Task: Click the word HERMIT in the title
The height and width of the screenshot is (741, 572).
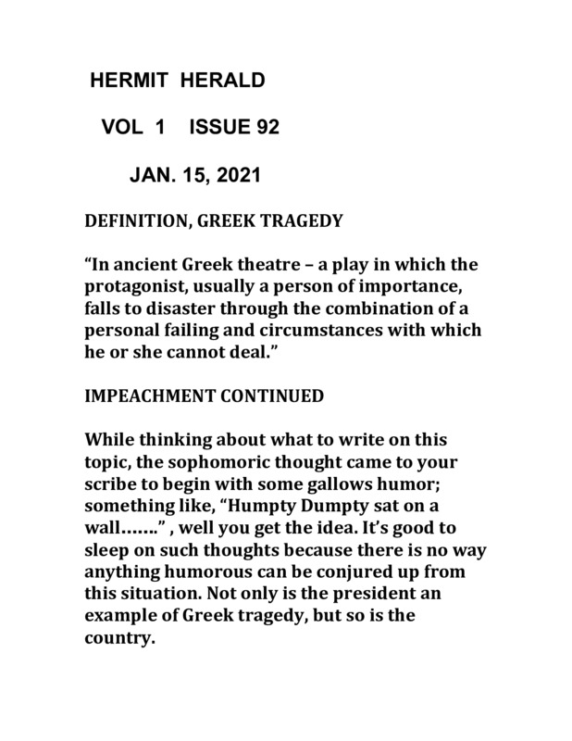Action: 125,82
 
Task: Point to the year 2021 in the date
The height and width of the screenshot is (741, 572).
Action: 236,173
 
